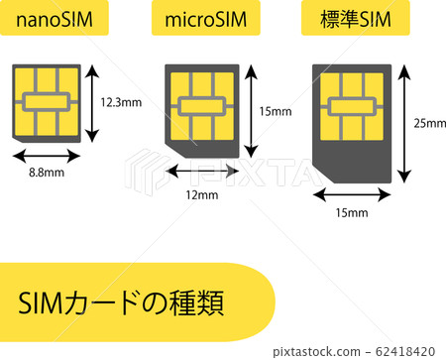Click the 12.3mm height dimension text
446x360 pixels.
pyautogui.click(x=120, y=102)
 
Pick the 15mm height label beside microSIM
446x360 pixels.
pyautogui.click(x=275, y=111)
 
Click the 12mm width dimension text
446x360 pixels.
pyautogui.click(x=201, y=194)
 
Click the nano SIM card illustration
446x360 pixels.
pyautogui.click(x=48, y=102)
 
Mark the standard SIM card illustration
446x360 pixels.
pyautogui.click(x=351, y=122)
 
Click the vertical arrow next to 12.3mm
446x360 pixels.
pyautogui.click(x=92, y=102)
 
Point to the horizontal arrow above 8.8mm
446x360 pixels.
pyautogui.click(x=48, y=155)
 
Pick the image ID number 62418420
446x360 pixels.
pyautogui.click(x=403, y=350)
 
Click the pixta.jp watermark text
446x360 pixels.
pyautogui.click(x=303, y=350)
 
